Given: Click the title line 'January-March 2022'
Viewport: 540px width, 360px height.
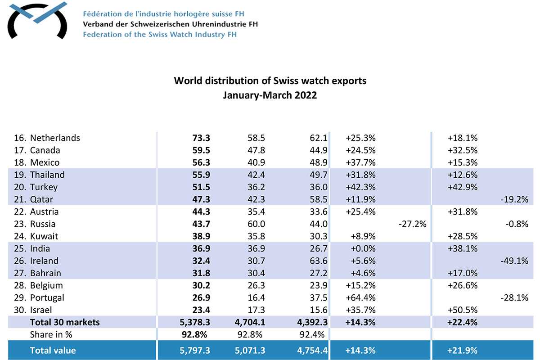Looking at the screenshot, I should pos(270,96).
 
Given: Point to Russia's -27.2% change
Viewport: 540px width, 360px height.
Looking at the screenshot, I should pos(412,224).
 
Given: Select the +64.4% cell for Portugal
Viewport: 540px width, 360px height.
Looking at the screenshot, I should pos(360,298).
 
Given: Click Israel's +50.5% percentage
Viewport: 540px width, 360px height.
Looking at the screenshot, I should pos(463,310).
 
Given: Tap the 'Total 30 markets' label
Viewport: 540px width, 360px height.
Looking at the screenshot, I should pos(65,322).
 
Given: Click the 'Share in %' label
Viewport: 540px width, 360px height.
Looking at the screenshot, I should pos(51,335).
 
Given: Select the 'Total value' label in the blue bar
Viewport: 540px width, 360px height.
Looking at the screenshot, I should pos(53,351).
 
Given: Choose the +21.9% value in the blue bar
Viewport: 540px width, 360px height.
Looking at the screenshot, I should pos(463,351).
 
